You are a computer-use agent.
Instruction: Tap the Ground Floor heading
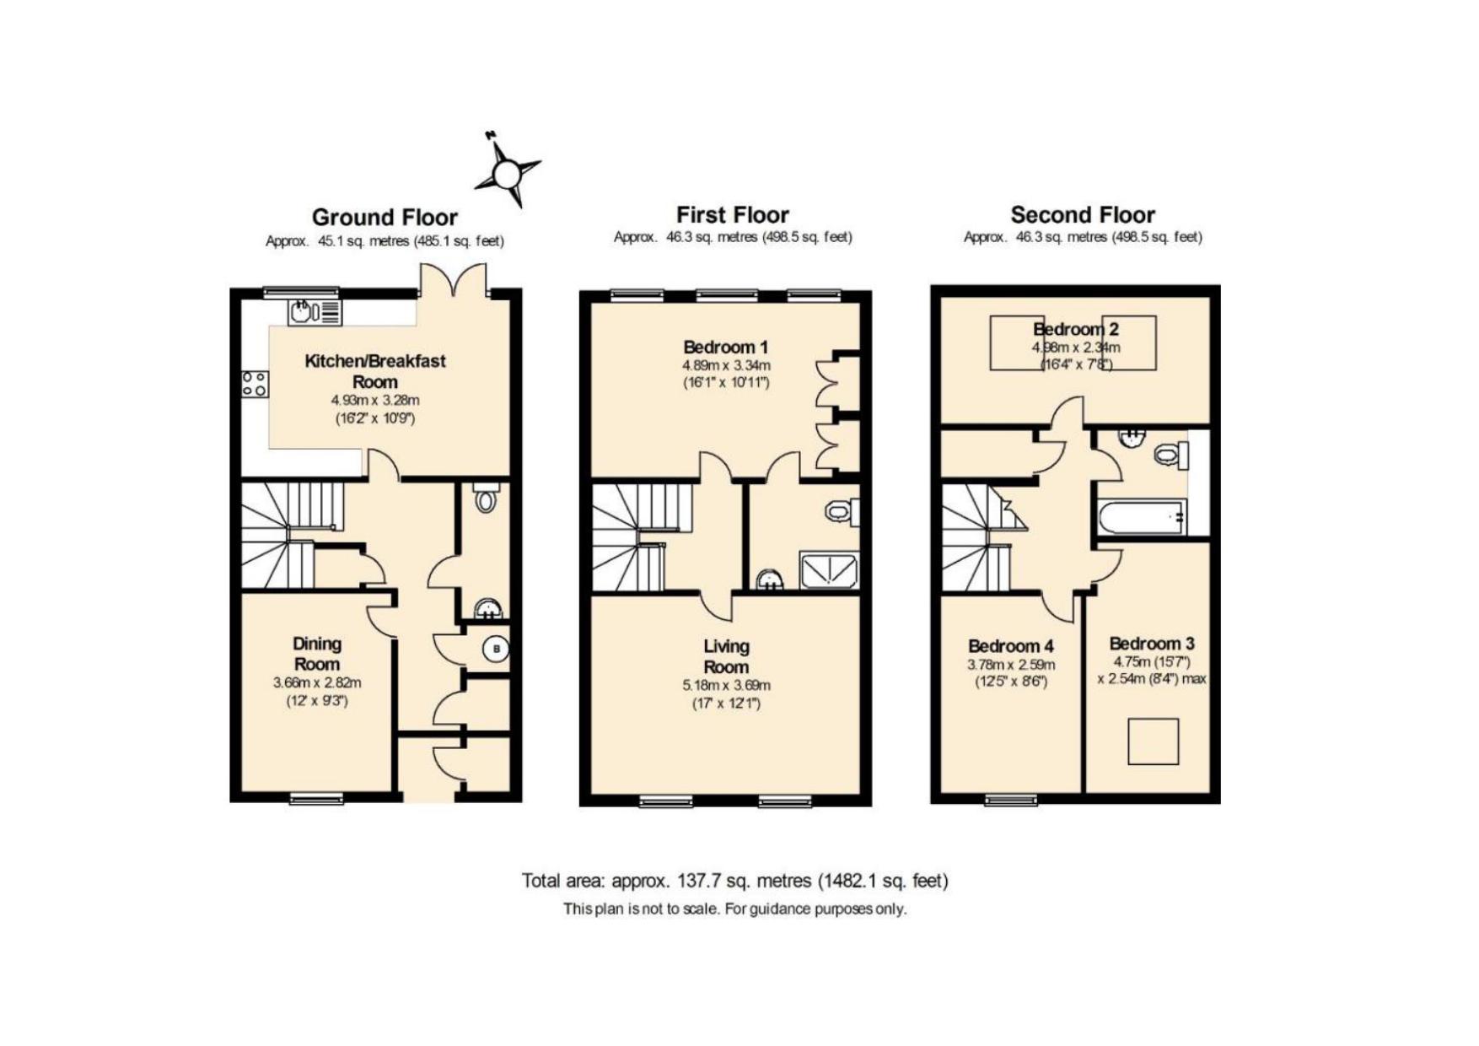(385, 218)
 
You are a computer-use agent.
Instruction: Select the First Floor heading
(733, 215)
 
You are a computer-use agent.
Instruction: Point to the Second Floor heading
(1083, 215)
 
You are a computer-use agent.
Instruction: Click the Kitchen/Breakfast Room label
(374, 371)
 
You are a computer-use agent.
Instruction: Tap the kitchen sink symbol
(315, 312)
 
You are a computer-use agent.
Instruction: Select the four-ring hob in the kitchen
(255, 384)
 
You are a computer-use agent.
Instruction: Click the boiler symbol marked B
(496, 649)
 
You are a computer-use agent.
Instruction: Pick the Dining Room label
(317, 654)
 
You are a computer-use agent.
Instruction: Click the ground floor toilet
(486, 497)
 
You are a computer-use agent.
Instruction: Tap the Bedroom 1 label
(725, 347)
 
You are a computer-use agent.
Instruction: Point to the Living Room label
(726, 656)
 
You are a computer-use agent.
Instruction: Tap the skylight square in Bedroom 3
(1153, 741)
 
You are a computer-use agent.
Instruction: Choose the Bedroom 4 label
(1010, 646)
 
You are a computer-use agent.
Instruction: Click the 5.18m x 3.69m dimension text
(726, 685)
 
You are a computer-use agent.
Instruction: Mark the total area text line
(735, 881)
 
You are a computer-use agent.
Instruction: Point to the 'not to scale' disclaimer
(735, 909)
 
